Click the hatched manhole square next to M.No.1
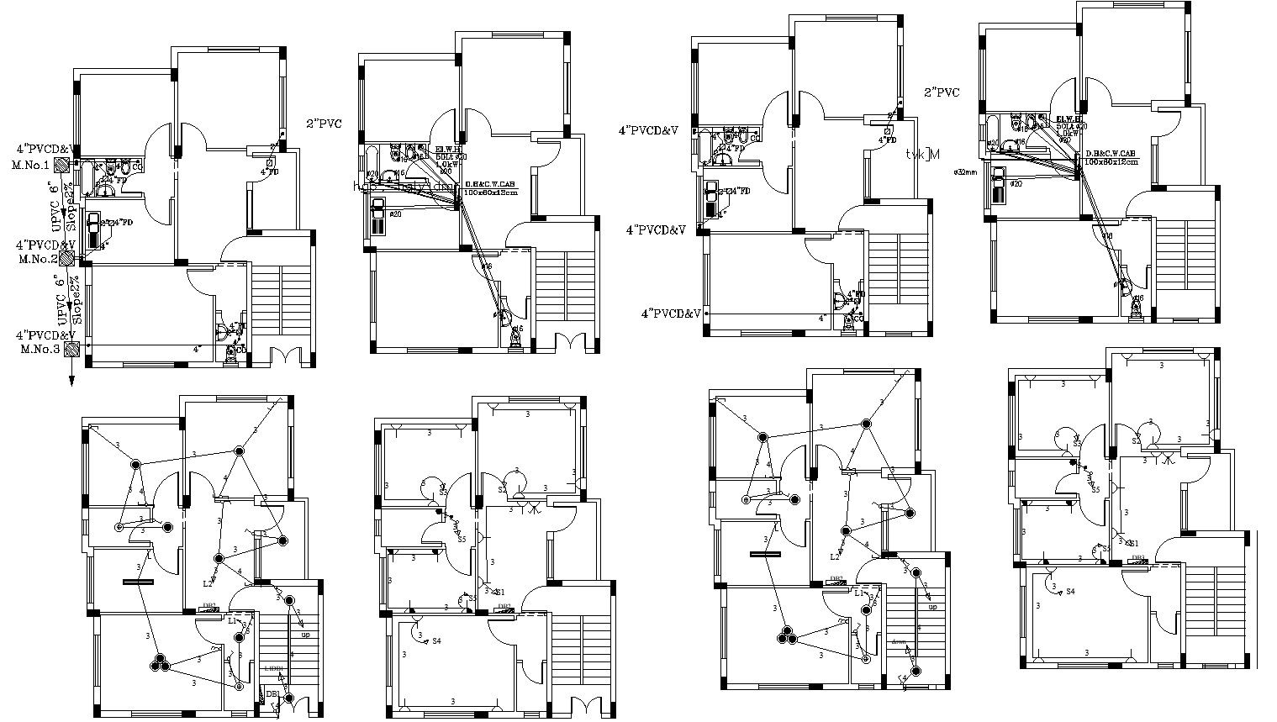point(61,164)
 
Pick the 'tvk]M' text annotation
point(922,155)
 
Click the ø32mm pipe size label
point(965,171)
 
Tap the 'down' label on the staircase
point(899,641)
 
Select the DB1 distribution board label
point(272,693)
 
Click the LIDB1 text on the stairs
point(273,668)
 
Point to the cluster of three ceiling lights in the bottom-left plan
point(160,664)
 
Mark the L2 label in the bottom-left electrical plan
point(208,583)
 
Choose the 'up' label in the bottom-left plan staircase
point(305,635)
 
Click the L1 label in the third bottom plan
point(859,593)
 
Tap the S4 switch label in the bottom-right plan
point(1070,592)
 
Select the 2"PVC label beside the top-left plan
point(324,124)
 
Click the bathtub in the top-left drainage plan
point(85,178)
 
